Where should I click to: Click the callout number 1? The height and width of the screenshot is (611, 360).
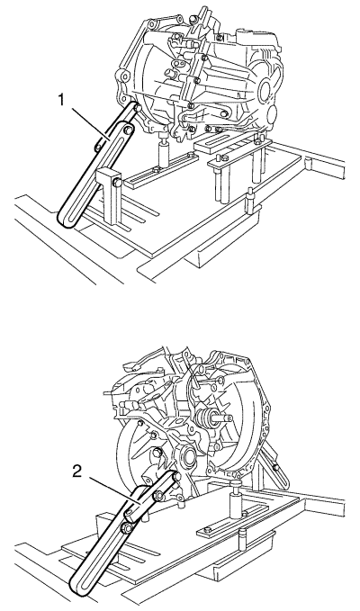61,101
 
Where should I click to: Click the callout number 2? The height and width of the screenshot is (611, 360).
77,472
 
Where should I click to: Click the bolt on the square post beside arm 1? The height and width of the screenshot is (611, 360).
117,182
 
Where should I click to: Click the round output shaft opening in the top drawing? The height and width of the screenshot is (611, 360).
266,89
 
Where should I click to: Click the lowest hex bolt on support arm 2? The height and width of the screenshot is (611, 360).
127,528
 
